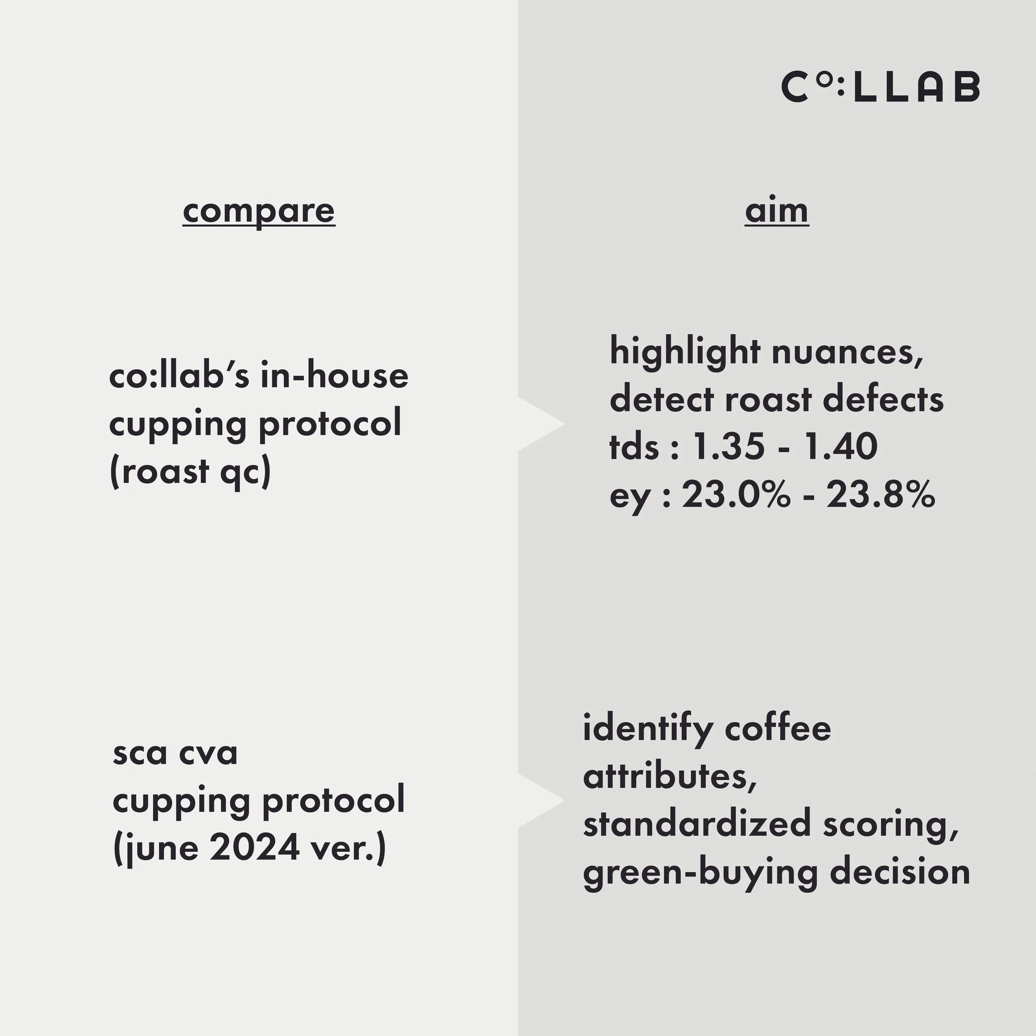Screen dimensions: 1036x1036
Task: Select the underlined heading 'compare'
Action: (259, 211)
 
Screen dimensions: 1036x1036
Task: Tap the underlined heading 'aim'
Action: (777, 211)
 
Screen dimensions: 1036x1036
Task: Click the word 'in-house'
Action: (334, 376)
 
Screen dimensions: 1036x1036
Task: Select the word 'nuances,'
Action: (847, 352)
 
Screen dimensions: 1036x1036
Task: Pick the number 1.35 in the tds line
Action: (728, 447)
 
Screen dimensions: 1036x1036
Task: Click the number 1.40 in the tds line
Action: (840, 447)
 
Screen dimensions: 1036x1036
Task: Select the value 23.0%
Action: (736, 494)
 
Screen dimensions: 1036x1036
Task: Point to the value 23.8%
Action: (881, 494)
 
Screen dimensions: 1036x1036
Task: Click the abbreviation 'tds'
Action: (634, 447)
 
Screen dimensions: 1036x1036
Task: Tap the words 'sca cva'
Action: (175, 753)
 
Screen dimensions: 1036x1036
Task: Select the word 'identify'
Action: (647, 729)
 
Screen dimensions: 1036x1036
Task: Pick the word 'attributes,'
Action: (669, 777)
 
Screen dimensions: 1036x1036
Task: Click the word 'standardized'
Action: (697, 824)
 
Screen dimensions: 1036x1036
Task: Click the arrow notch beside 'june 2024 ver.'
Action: (542, 801)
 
